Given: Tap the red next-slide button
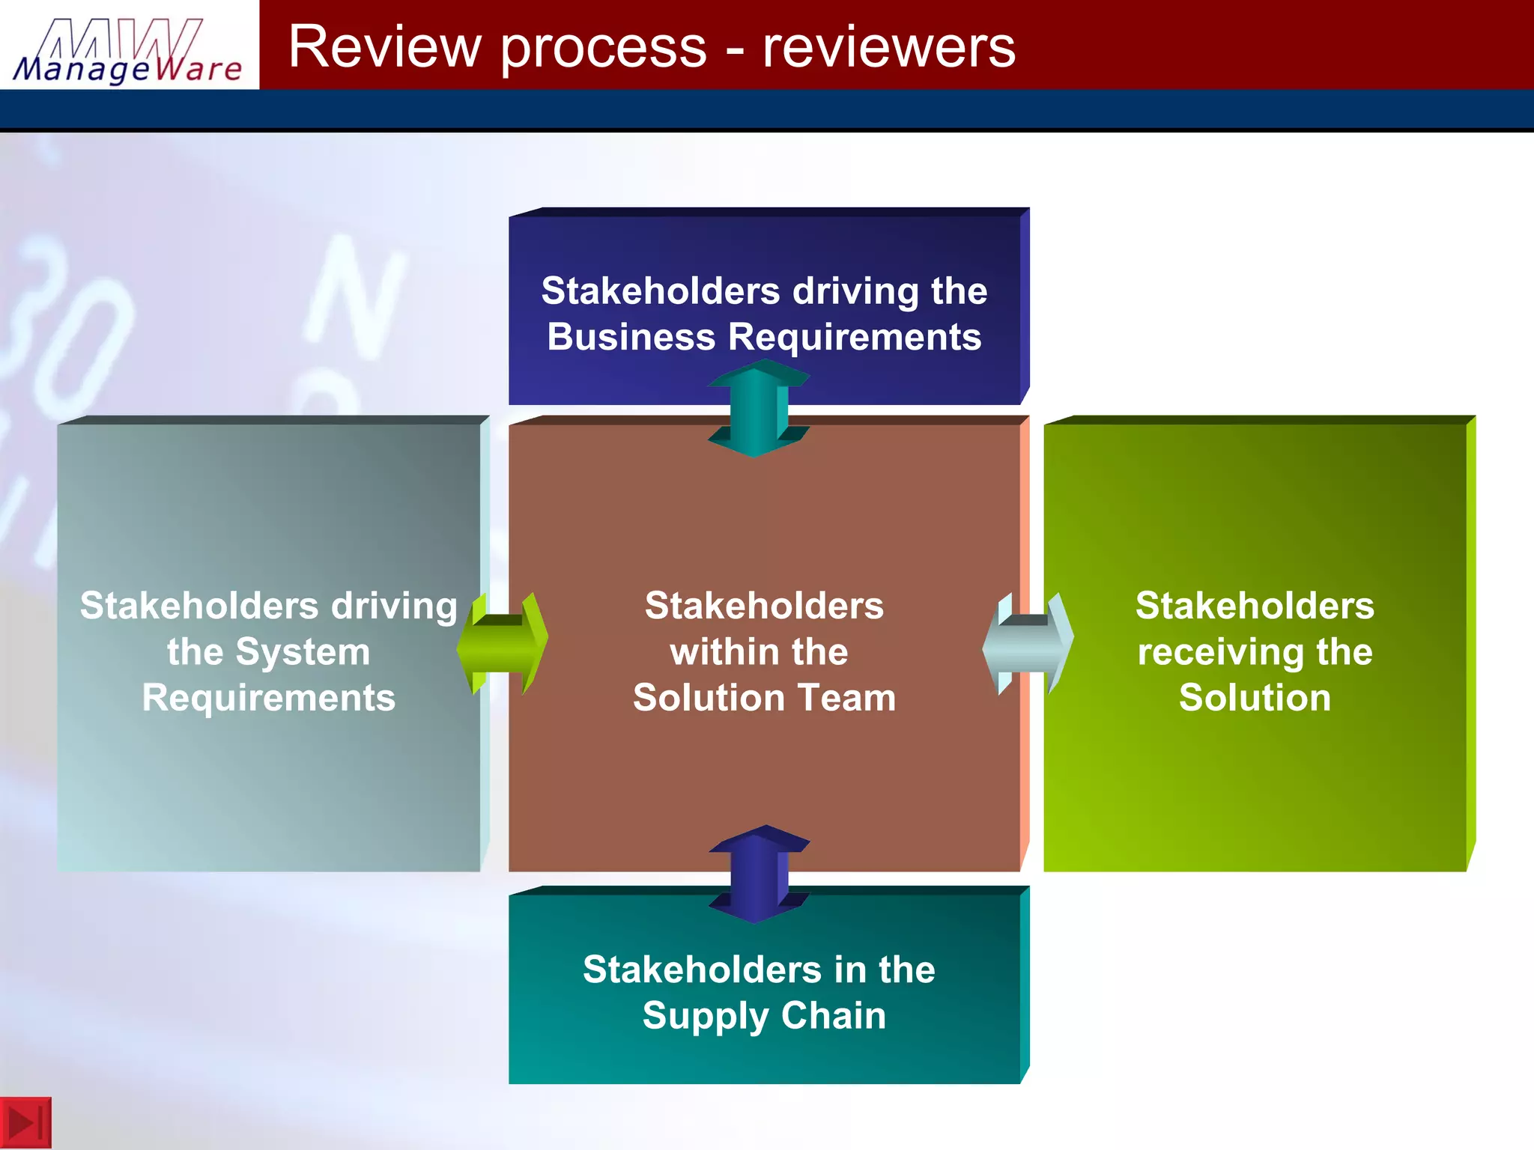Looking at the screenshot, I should (25, 1122).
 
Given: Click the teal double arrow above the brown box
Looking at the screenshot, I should (758, 408).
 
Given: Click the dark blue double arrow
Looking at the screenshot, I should (759, 874).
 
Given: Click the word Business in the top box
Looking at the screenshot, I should (631, 337).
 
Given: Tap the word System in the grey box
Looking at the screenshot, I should (303, 652).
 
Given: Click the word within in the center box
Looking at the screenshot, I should (706, 652).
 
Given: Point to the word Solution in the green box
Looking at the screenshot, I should (1255, 698).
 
